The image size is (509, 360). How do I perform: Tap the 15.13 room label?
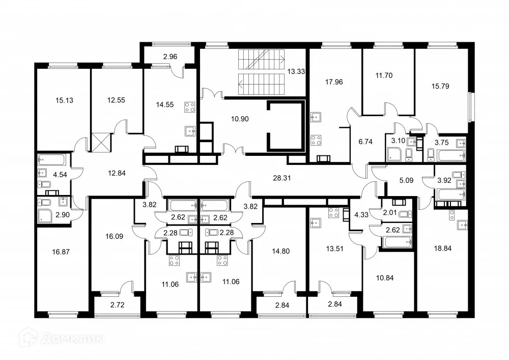(x=64, y=100)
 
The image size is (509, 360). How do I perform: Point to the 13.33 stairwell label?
(x=297, y=71)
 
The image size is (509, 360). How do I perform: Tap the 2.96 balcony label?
(x=171, y=56)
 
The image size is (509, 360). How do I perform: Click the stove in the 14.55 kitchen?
(x=190, y=107)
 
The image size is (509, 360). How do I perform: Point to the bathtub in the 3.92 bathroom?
(x=449, y=193)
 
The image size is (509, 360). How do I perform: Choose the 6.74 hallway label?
(x=366, y=142)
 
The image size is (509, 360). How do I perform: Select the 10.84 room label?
(x=385, y=278)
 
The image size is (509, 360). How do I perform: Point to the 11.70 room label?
(x=384, y=75)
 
